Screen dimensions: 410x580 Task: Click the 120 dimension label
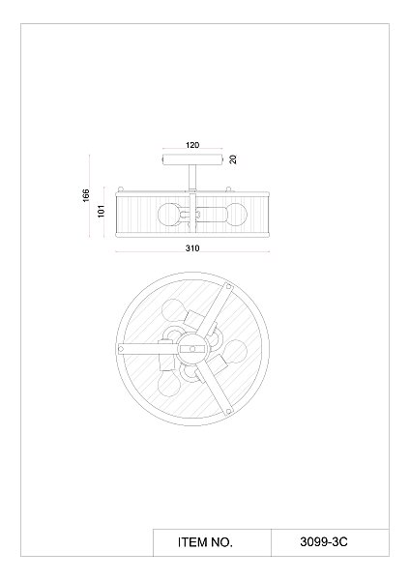pos(192,145)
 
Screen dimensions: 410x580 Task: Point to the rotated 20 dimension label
pos(233,159)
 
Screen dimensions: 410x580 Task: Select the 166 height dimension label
pos(86,195)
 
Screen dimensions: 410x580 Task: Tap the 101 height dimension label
pos(102,211)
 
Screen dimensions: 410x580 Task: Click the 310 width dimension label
pos(192,248)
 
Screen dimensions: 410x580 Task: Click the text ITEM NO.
pos(205,542)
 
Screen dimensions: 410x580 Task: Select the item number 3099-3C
pos(324,542)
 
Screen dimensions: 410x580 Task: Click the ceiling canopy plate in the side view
pos(192,159)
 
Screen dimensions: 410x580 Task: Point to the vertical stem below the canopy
pos(192,178)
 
